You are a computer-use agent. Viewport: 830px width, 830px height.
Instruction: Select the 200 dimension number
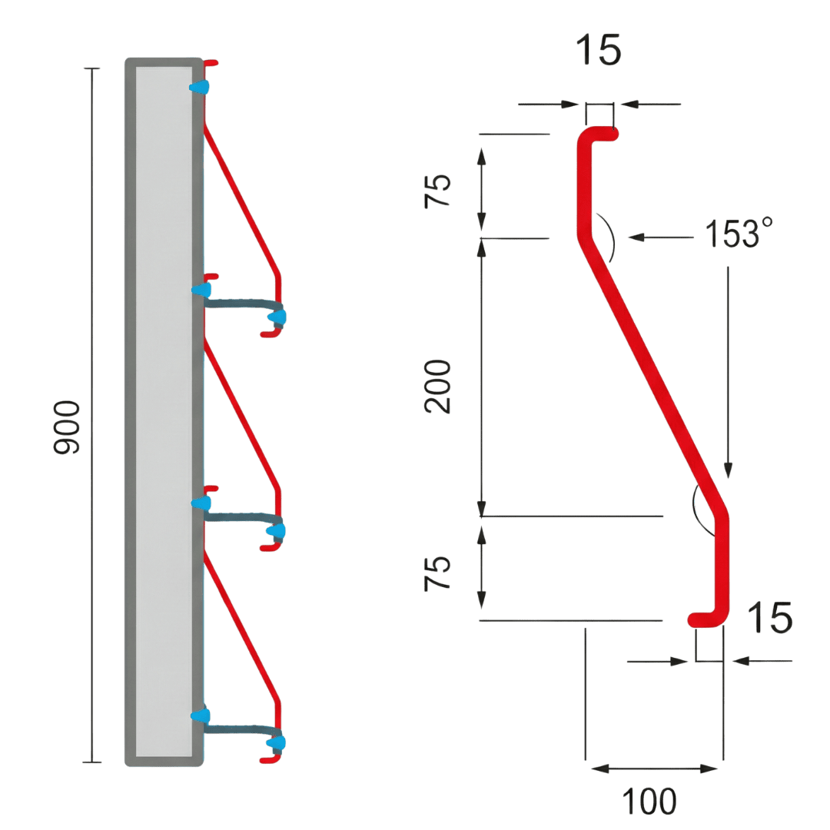point(440,387)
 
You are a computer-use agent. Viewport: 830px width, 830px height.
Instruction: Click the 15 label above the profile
point(599,51)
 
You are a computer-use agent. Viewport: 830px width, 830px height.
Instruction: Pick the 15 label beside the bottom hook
point(769,619)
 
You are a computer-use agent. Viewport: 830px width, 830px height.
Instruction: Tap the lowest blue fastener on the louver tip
point(276,743)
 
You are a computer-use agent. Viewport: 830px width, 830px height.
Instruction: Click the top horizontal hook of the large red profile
point(599,134)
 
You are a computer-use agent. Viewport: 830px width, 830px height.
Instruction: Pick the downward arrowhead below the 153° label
point(728,470)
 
